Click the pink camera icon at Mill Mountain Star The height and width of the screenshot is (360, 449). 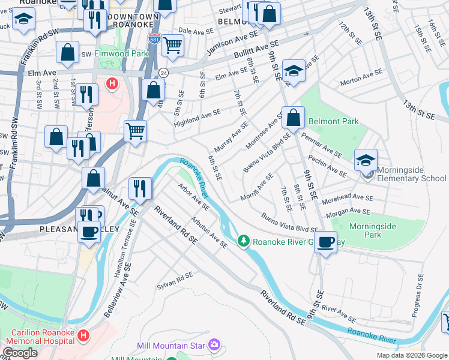coord(214,345)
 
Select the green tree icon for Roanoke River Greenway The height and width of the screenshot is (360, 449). coord(243,242)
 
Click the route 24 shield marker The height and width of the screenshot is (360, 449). coord(163,72)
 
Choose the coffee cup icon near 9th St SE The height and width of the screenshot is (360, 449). coord(326,242)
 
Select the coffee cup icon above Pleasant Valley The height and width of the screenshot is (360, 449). coord(89,231)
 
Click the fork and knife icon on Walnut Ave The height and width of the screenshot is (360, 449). coord(140,188)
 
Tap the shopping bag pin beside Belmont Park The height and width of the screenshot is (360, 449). coord(294,118)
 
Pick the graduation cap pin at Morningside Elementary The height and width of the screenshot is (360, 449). coord(366,160)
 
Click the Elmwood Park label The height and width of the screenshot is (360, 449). coord(121,53)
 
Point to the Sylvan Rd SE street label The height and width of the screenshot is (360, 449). coord(175,279)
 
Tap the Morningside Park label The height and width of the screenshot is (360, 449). coord(373,230)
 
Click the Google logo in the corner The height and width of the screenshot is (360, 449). coord(20,353)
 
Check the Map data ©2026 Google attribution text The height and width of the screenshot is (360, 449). coord(411,355)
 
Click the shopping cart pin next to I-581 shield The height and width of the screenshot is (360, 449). coord(173,44)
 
